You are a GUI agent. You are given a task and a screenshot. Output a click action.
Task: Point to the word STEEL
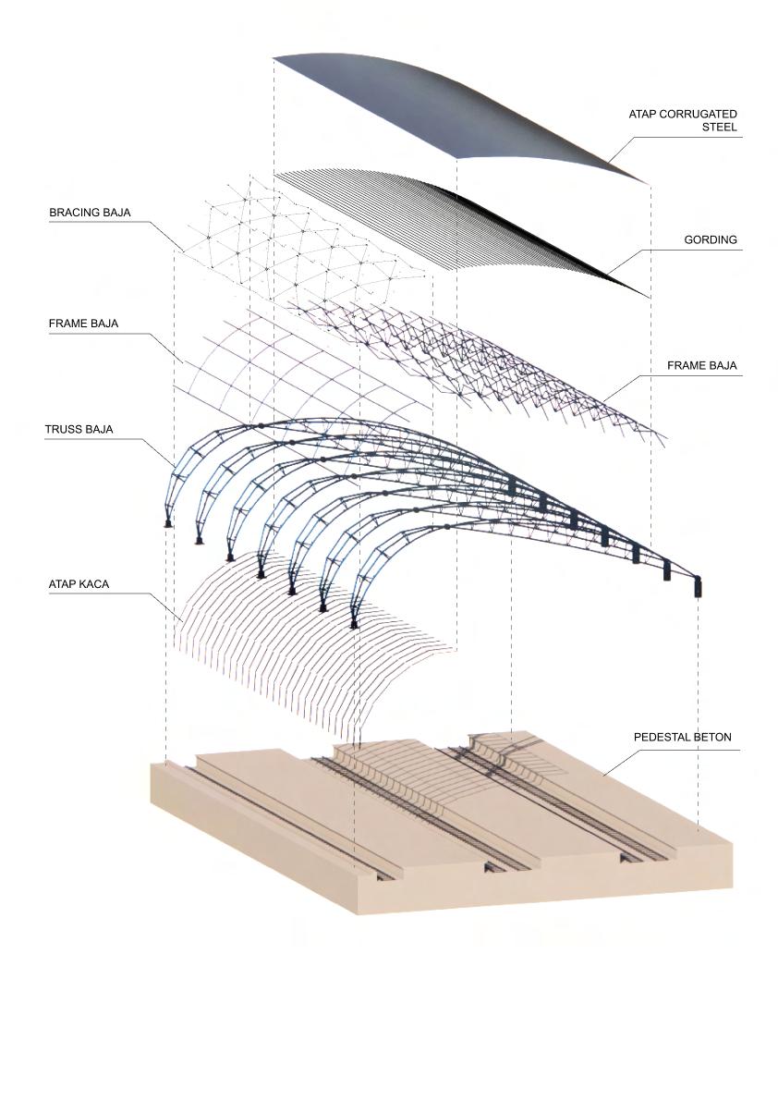click(719, 128)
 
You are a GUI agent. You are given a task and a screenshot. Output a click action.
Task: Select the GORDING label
click(711, 239)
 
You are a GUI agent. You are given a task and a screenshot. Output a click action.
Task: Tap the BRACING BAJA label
click(90, 213)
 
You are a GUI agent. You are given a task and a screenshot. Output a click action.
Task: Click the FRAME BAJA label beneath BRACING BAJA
click(84, 324)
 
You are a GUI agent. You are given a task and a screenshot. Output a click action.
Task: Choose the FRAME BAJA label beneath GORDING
click(702, 365)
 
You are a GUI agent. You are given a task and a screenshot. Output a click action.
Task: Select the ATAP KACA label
click(79, 584)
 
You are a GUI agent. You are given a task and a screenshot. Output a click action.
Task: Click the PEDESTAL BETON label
click(682, 738)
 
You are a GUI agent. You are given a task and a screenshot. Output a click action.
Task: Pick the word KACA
click(94, 584)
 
